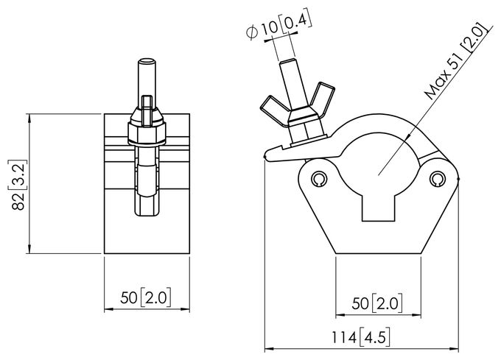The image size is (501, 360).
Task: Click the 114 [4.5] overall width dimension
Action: pos(360,337)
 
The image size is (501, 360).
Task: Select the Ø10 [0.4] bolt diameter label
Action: pos(278,26)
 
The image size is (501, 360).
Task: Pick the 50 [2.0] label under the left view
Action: pos(146,297)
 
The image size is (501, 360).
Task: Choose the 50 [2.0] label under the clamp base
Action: pos(377,303)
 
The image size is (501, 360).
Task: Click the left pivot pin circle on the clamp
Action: pos(319,178)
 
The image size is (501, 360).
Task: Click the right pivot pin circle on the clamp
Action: pos(437,179)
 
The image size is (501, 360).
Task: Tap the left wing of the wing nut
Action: pos(274,106)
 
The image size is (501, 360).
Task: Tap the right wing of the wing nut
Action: pos(323,99)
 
